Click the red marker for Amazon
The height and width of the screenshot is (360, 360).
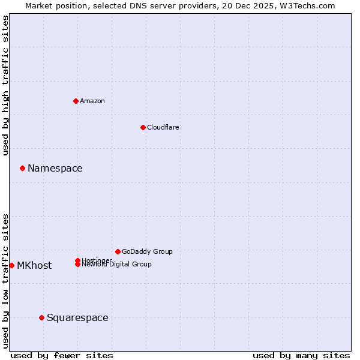click(x=76, y=101)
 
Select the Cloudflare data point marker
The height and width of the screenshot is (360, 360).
click(x=143, y=127)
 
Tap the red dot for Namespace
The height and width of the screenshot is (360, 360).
click(x=22, y=168)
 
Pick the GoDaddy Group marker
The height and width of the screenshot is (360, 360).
click(x=118, y=251)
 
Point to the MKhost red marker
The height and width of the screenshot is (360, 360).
click(x=11, y=265)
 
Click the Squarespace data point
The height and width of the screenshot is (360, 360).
click(x=41, y=317)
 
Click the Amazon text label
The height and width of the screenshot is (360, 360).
click(x=92, y=101)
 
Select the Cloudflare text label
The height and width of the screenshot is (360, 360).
click(x=163, y=127)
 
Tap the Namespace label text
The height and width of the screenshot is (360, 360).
click(x=55, y=169)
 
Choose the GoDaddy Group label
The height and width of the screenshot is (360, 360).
click(x=147, y=251)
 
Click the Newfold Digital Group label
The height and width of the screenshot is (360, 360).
click(x=117, y=265)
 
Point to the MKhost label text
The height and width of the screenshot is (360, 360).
click(x=34, y=266)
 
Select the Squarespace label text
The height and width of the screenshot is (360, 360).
click(x=77, y=318)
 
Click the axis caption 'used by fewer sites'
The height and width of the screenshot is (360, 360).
click(x=62, y=355)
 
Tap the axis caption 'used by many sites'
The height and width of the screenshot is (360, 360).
click(x=301, y=355)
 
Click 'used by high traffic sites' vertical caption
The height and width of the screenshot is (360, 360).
click(x=5, y=85)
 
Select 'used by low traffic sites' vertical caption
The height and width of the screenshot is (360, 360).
click(x=5, y=281)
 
